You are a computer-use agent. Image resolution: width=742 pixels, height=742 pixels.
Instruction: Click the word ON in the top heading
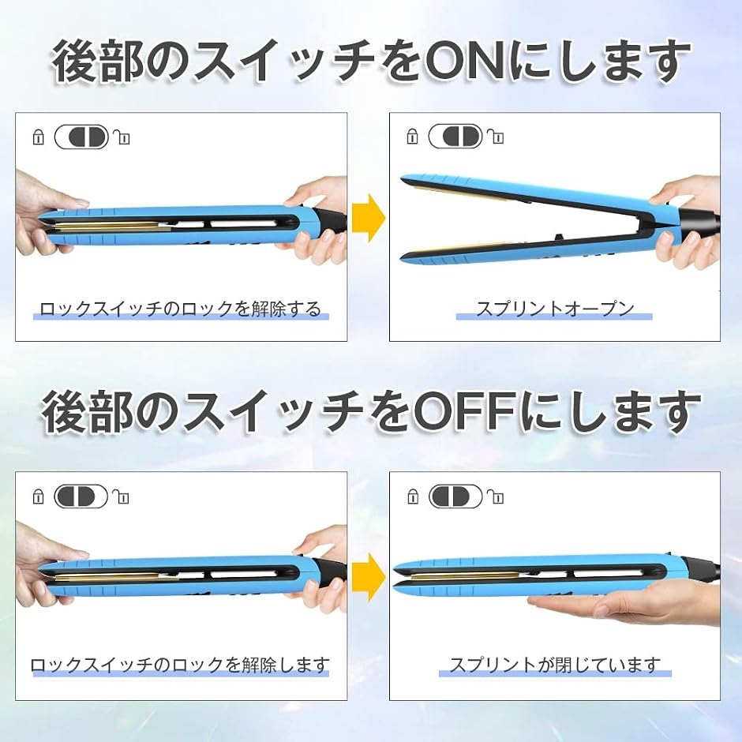click(465, 62)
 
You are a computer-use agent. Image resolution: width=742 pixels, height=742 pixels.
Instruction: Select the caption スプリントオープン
click(555, 309)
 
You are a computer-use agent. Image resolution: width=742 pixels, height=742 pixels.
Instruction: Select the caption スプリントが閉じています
click(555, 665)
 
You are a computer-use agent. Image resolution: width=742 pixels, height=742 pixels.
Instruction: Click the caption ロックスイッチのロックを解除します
click(180, 665)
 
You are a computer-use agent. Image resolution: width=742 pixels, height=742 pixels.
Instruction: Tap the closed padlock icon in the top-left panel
click(38, 137)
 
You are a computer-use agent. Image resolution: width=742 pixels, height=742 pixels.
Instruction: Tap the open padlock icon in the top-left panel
click(122, 137)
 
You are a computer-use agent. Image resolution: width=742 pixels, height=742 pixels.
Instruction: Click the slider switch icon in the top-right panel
click(455, 137)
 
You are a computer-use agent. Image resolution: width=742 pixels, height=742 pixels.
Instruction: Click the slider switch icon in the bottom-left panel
click(81, 497)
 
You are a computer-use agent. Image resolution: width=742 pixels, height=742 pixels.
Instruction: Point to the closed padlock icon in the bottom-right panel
click(413, 497)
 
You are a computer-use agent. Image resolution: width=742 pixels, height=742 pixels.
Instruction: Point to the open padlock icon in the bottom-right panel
click(496, 497)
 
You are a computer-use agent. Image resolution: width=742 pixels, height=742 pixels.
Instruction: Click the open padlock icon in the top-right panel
click(496, 137)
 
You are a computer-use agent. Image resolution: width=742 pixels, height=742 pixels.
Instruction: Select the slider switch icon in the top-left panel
click(81, 137)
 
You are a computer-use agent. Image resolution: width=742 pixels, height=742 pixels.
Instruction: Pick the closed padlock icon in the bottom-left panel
click(38, 497)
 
